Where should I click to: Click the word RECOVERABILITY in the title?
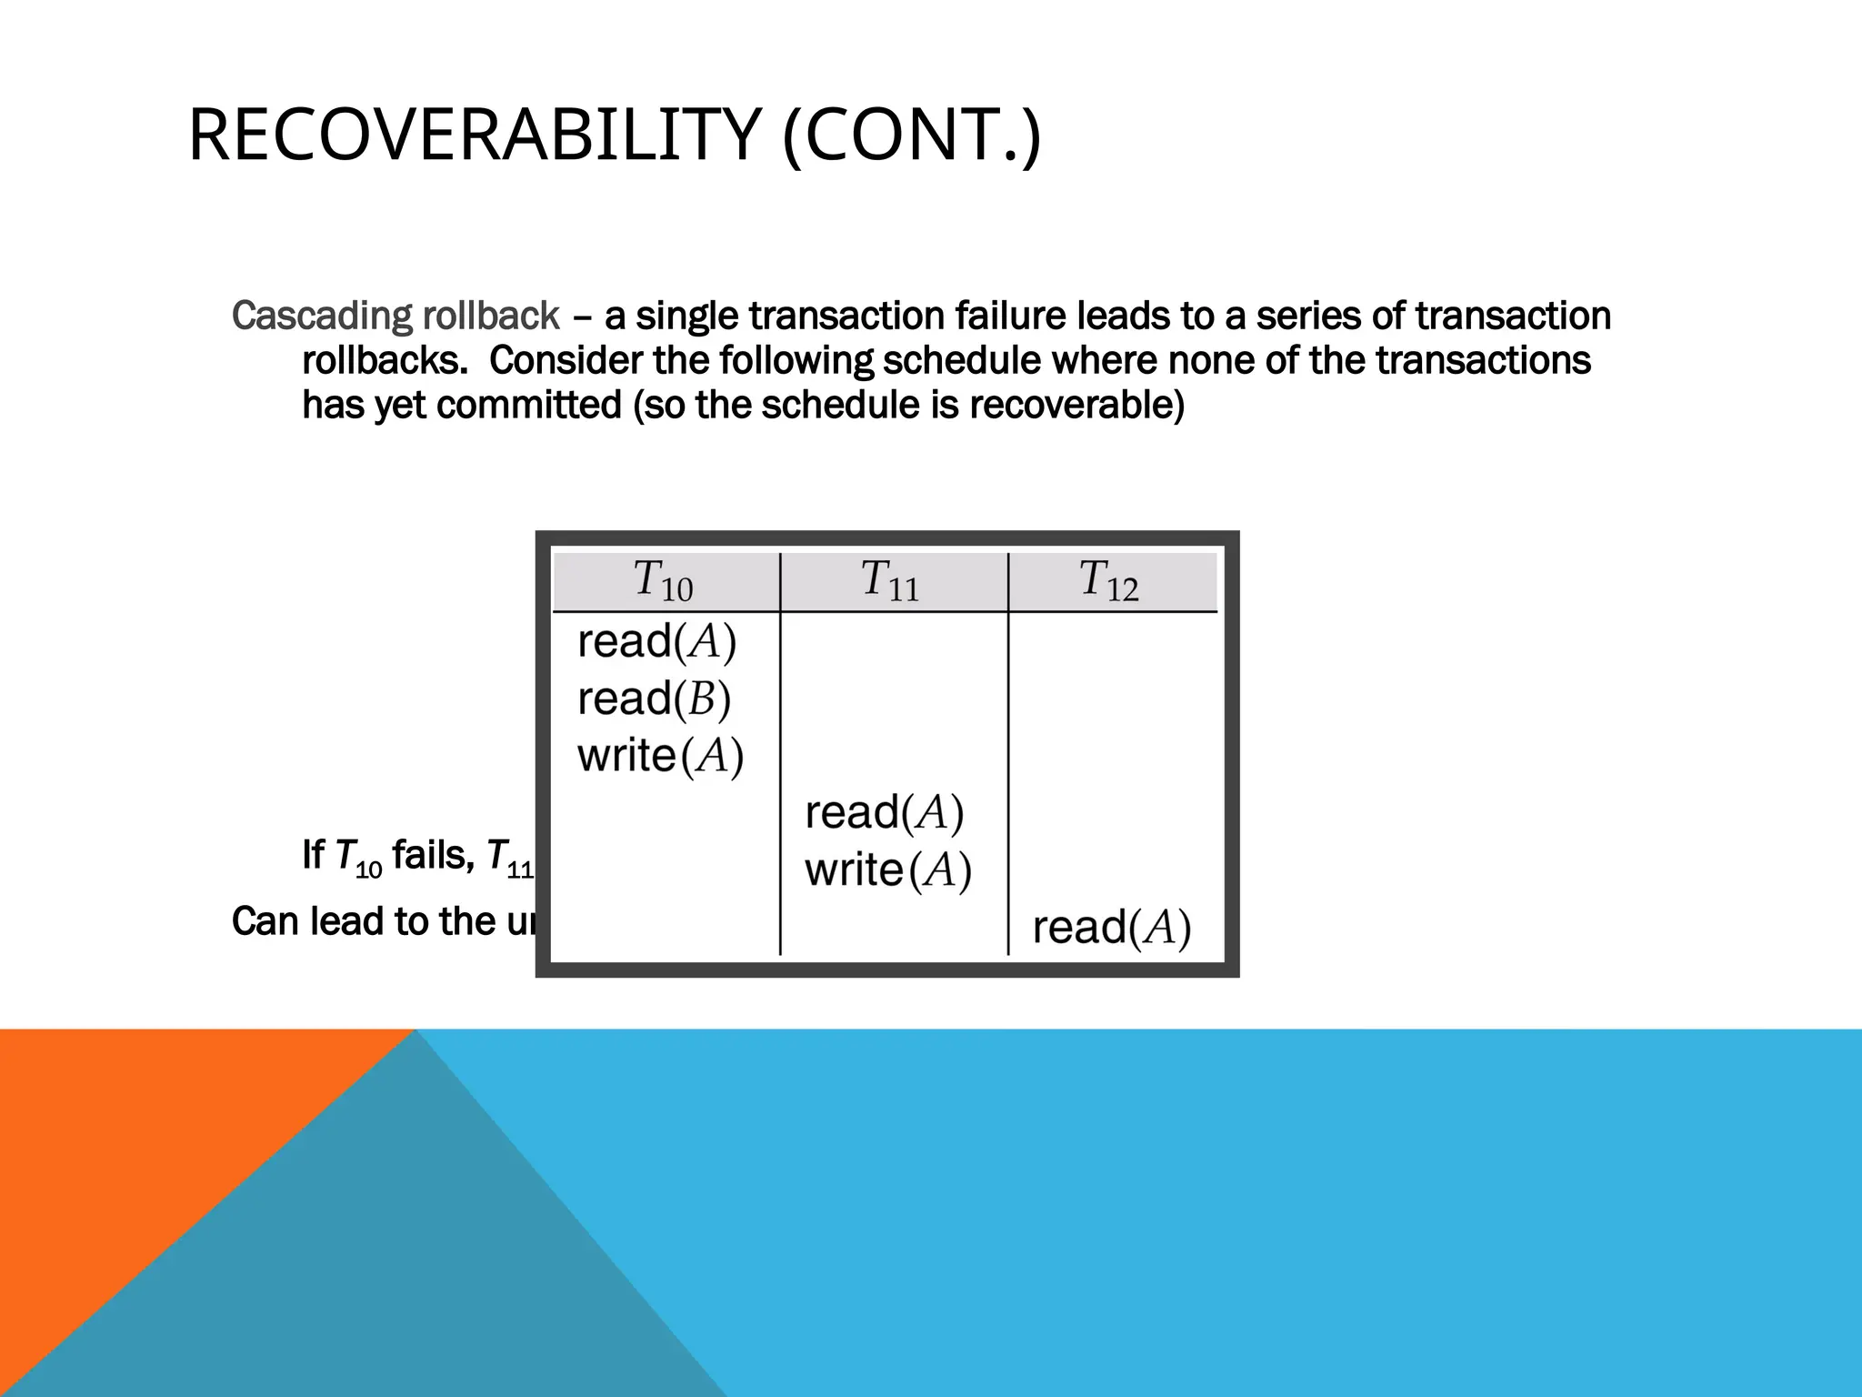pyautogui.click(x=473, y=136)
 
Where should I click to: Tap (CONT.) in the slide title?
pyautogui.click(x=911, y=136)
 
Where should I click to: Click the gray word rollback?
pyautogui.click(x=491, y=317)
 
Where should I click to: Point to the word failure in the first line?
pyautogui.click(x=1009, y=317)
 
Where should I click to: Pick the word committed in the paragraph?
pyautogui.click(x=528, y=405)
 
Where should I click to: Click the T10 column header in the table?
pyautogui.click(x=663, y=581)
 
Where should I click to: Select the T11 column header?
pyautogui.click(x=890, y=581)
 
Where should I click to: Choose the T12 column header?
pyautogui.click(x=1108, y=581)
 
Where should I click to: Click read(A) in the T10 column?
pyautogui.click(x=656, y=642)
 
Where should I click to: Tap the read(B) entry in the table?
pyautogui.click(x=654, y=699)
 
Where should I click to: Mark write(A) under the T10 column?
pyautogui.click(x=660, y=756)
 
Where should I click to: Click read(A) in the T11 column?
pyautogui.click(x=884, y=813)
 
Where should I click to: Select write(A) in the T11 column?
pyautogui.click(x=888, y=870)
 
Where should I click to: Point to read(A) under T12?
pyautogui.click(x=1111, y=929)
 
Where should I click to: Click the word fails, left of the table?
pyautogui.click(x=433, y=856)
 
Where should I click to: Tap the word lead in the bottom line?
pyautogui.click(x=349, y=921)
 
